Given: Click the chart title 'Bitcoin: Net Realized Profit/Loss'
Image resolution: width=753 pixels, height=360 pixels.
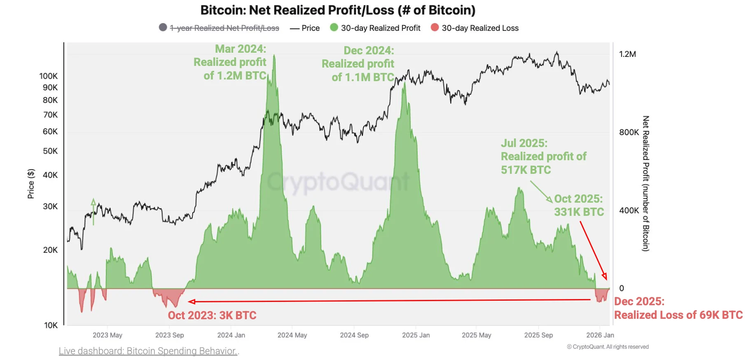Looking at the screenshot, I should tap(338, 10).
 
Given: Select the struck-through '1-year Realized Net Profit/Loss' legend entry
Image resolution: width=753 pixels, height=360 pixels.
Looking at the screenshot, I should tap(224, 28).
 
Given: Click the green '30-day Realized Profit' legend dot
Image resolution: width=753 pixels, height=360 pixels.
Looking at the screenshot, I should tap(334, 28).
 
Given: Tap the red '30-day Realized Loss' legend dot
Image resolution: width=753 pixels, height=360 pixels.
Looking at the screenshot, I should tap(435, 28).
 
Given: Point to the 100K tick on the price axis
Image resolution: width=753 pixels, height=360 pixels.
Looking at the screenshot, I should tap(49, 76).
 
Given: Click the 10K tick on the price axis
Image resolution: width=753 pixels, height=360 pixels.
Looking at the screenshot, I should tap(51, 325).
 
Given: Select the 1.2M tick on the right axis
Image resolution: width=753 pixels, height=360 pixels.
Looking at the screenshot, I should tap(627, 54).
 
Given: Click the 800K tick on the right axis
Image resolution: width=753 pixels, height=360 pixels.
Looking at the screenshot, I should tap(629, 132).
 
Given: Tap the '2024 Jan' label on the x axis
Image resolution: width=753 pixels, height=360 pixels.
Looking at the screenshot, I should tap(231, 335).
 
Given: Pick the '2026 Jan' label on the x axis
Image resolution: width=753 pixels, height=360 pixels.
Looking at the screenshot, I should tap(600, 335).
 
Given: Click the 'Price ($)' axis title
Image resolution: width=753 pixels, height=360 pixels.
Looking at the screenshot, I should tap(31, 184).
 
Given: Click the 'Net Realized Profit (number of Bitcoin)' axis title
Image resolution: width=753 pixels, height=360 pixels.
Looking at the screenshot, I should tap(645, 184).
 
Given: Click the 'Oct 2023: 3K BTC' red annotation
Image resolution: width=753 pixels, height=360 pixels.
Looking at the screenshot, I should tap(212, 316).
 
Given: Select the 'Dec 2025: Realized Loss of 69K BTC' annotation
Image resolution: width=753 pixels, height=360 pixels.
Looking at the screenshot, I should tap(678, 308).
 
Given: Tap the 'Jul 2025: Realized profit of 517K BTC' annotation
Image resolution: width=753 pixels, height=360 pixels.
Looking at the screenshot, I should tap(543, 157).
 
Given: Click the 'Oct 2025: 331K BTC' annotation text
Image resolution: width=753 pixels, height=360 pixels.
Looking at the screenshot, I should tap(579, 205).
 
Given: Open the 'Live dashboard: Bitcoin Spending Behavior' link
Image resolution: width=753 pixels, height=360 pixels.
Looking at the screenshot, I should tap(148, 351).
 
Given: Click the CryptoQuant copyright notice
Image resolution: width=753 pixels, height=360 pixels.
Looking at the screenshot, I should tap(608, 347).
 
